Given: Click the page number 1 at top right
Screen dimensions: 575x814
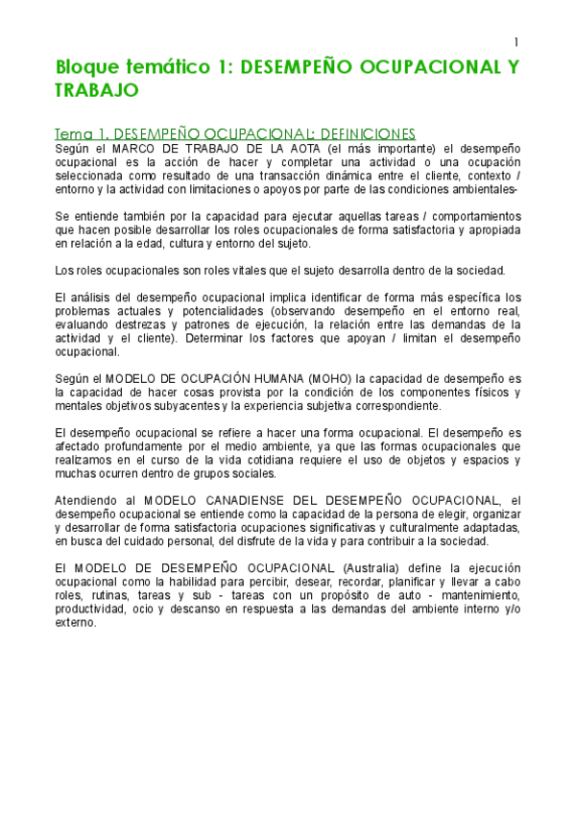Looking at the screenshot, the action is (x=515, y=42).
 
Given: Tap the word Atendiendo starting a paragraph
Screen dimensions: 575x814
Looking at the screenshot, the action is (x=87, y=500).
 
